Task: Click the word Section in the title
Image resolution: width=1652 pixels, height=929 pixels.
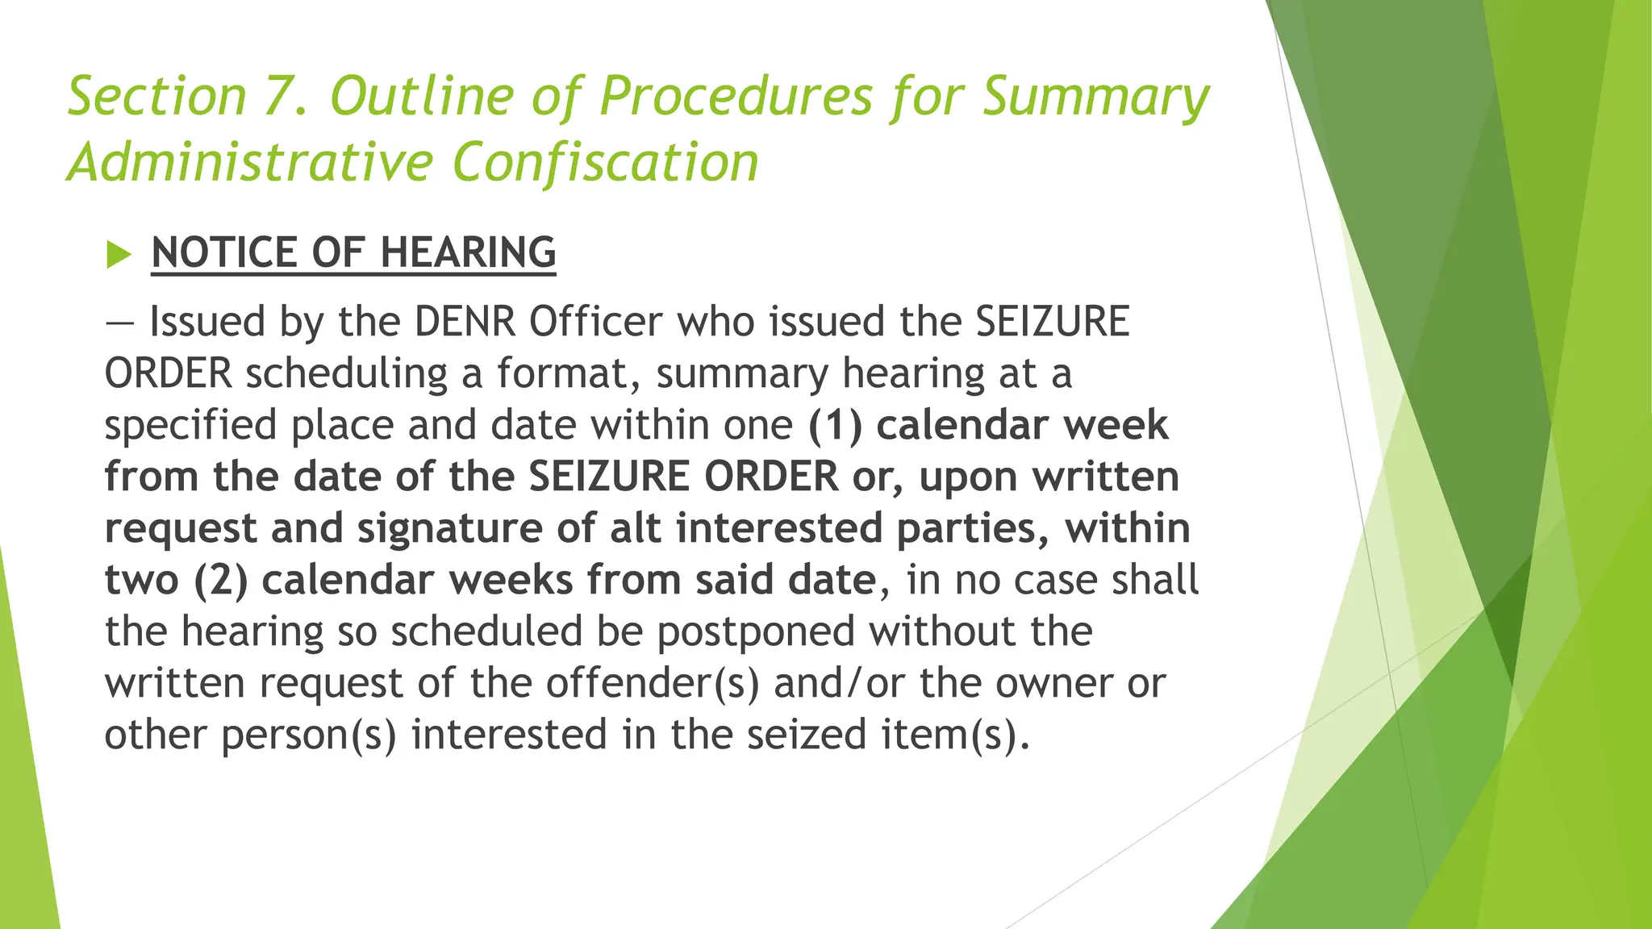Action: [x=157, y=96]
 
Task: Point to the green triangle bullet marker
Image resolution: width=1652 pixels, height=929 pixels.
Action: [x=118, y=255]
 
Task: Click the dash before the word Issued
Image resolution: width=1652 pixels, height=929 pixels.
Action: [x=119, y=322]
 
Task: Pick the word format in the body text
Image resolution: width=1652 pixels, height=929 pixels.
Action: [x=568, y=373]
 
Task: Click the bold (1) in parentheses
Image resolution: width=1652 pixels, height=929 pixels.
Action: [x=836, y=425]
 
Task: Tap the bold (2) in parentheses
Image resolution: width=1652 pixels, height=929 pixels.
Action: [x=220, y=580]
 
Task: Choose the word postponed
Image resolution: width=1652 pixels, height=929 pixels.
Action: [x=755, y=631]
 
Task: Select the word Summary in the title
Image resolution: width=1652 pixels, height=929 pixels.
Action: [x=1095, y=96]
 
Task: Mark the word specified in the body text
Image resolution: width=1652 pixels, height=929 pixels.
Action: [x=191, y=425]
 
